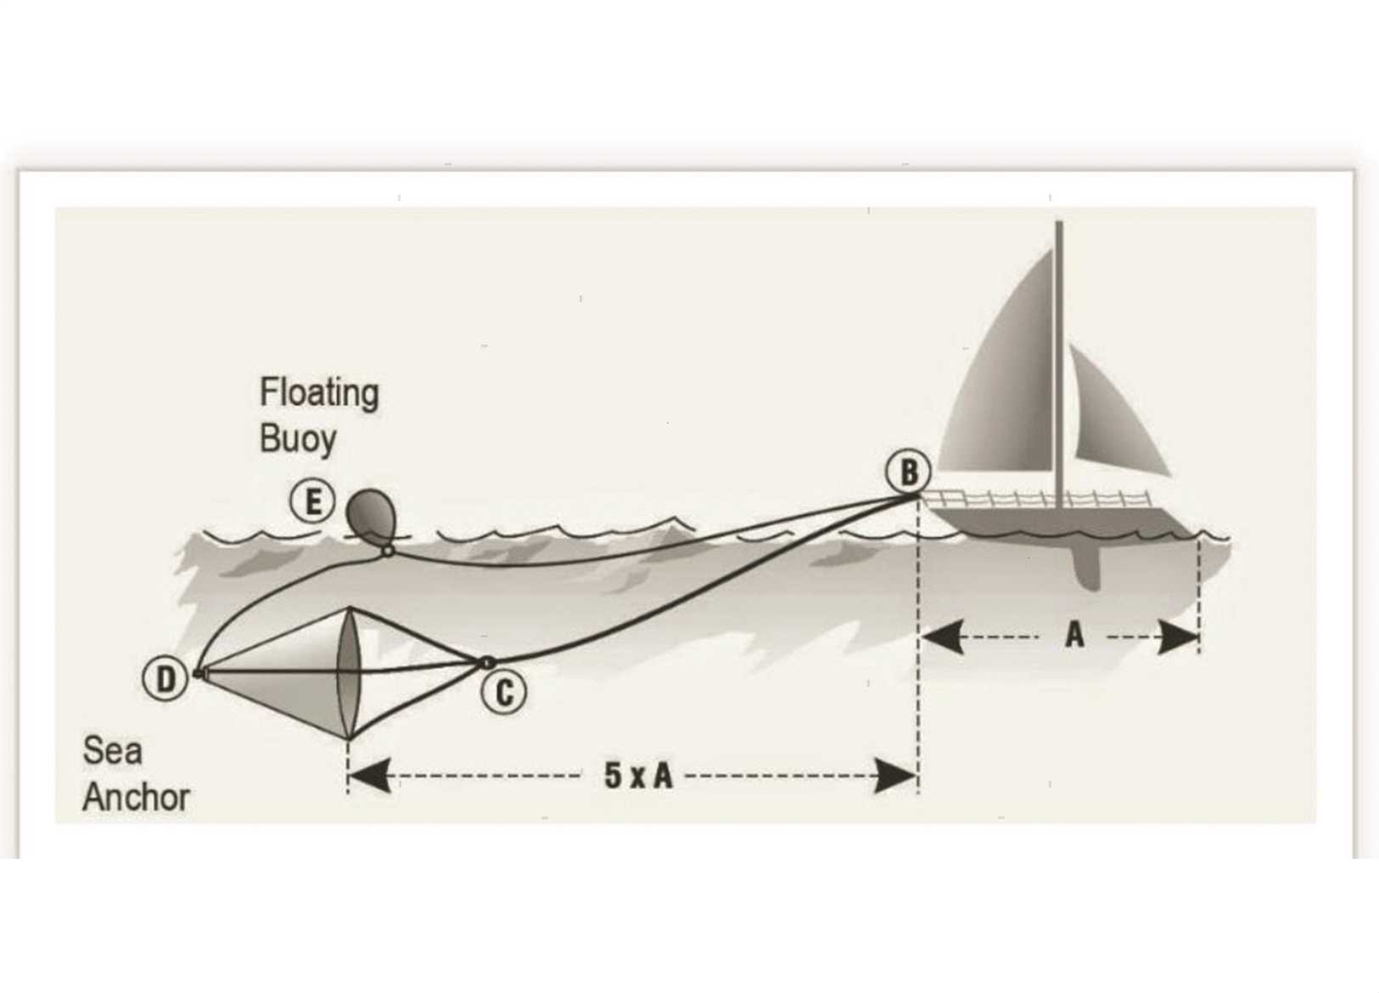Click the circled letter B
[x=908, y=472]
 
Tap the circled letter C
[x=504, y=693]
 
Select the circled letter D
[x=165, y=679]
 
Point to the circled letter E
[x=313, y=502]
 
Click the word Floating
[x=319, y=393]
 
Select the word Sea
[x=113, y=750]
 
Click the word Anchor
[x=136, y=797]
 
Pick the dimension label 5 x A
[x=638, y=775]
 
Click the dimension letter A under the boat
[x=1074, y=634]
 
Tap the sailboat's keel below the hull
[x=1086, y=566]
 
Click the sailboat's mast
[x=1059, y=364]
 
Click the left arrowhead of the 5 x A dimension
[x=370, y=776]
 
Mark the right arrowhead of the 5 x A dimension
[x=896, y=776]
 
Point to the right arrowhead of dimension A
[x=1177, y=637]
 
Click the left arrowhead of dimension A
[x=943, y=637]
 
